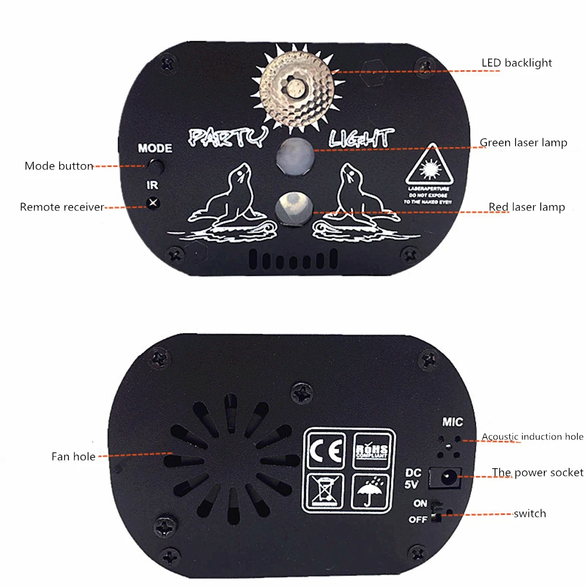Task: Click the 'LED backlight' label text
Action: (x=516, y=63)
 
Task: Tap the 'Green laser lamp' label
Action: (x=523, y=142)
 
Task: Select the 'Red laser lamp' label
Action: (x=527, y=207)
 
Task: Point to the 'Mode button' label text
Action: (x=59, y=166)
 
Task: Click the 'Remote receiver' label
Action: (x=62, y=207)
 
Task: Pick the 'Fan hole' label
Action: (x=73, y=456)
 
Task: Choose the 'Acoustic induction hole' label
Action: (x=532, y=437)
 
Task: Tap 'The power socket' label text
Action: (x=537, y=473)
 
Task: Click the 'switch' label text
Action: (x=529, y=514)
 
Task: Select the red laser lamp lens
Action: (x=294, y=206)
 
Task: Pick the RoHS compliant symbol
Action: (x=371, y=451)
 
